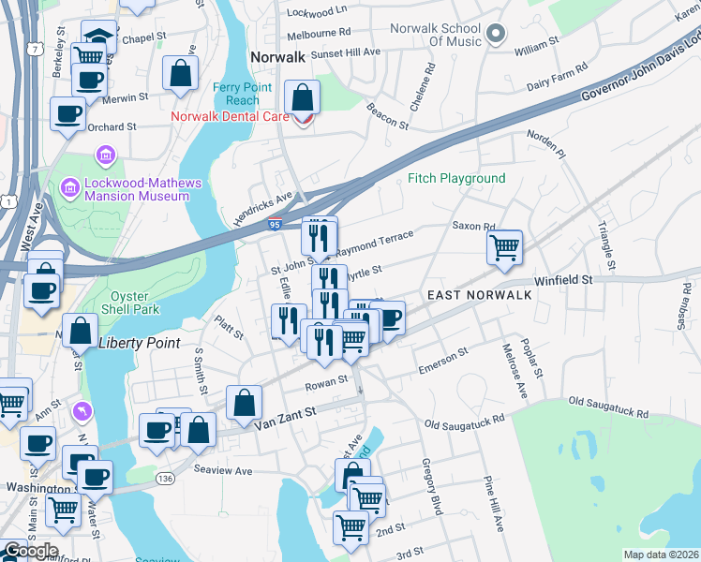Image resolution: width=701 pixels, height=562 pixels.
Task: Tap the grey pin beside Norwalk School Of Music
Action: pos(498,36)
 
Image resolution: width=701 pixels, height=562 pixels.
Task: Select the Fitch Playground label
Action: pos(456,178)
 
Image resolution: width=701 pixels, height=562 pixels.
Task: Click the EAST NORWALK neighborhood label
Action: pos(480,295)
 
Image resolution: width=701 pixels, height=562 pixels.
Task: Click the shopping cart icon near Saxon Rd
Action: pos(504,247)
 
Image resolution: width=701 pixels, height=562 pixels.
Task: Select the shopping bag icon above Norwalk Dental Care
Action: pos(303,96)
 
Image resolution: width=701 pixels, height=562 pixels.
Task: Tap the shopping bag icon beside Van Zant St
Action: pos(244,403)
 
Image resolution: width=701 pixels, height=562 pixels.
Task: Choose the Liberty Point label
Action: pos(139,343)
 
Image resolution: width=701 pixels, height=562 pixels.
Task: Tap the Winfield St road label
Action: pos(563,279)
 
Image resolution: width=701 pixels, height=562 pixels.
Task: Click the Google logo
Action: pos(30,551)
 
